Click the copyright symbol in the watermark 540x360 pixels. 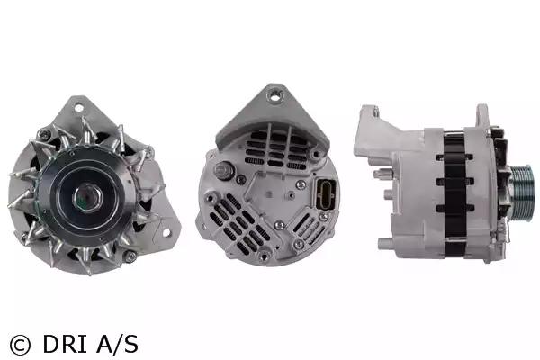point(20,345)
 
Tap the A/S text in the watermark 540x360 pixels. point(118,344)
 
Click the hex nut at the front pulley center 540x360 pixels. point(87,197)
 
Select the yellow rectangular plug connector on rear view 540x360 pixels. point(325,194)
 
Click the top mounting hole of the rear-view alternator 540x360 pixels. point(275,95)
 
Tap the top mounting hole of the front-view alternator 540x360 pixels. point(79,108)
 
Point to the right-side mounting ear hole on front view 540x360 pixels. point(166,233)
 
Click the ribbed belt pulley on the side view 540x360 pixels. point(522,193)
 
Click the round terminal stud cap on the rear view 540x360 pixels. point(224,170)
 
